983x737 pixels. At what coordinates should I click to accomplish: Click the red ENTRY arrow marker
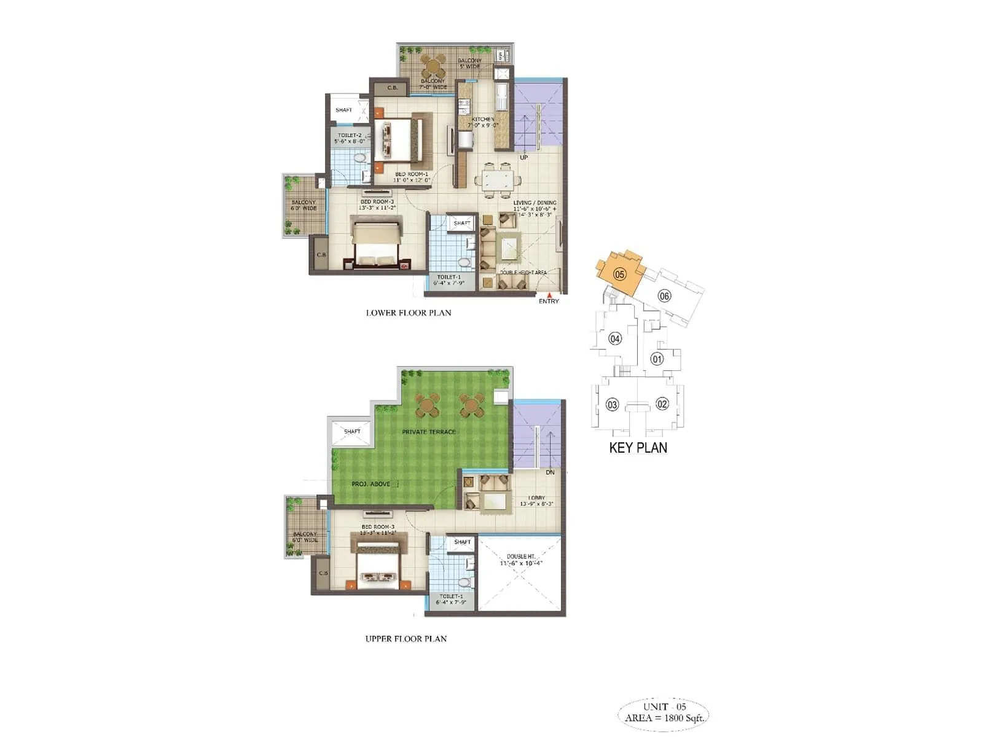pos(549,295)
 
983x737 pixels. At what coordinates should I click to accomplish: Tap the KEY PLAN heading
pos(638,448)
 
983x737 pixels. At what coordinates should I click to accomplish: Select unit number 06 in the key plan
pos(664,296)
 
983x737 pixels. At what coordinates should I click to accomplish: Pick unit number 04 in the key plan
pos(614,338)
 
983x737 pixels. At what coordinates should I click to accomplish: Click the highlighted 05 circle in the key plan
pos(619,274)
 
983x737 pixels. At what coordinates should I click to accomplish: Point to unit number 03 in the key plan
pos(612,405)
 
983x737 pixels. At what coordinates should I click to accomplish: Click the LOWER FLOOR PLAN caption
pos(409,313)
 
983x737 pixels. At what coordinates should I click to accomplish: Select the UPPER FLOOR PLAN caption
pos(405,639)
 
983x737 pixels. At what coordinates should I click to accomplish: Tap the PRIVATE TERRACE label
pos(429,432)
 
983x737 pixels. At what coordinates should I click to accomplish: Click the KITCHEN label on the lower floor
pos(483,119)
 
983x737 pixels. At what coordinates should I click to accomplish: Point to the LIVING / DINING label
pos(535,203)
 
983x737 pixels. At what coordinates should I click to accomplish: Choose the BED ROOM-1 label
pos(411,174)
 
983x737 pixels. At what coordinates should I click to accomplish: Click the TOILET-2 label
pos(349,135)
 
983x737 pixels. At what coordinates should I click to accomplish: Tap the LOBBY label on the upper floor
pos(536,498)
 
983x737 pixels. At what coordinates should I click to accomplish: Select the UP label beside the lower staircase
pos(523,158)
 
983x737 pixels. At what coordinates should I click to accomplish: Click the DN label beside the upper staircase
pos(550,472)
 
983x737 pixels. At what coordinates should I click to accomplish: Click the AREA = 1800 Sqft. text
pos(664,717)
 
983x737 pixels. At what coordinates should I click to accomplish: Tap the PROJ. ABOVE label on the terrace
pos(371,484)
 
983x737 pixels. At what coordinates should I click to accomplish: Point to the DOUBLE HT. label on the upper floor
pos(520,556)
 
